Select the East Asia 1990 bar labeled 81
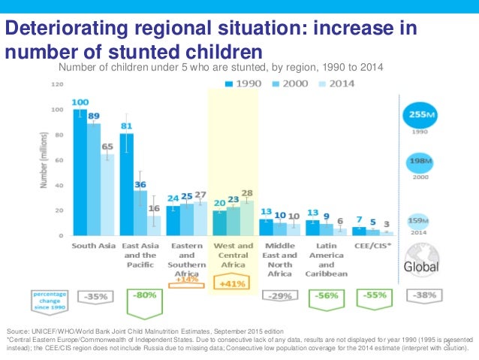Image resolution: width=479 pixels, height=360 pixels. coord(127,184)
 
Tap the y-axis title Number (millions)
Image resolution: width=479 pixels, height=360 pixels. coord(39,160)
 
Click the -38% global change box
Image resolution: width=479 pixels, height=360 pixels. coord(425,295)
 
